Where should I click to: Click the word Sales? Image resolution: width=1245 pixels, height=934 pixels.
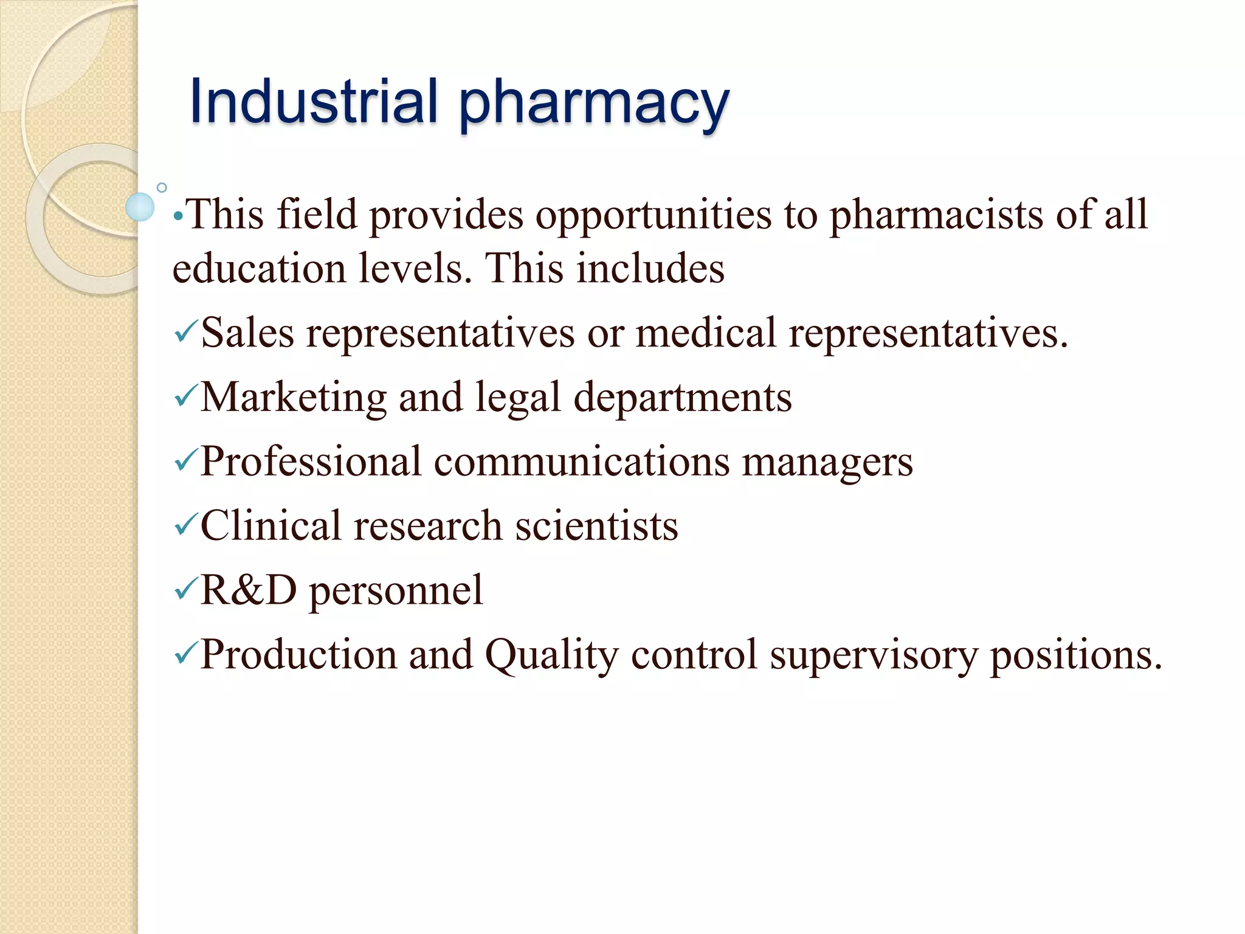[247, 333]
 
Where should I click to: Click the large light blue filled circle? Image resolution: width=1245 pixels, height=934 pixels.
[140, 207]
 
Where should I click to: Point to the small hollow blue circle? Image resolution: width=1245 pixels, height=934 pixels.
[162, 188]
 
